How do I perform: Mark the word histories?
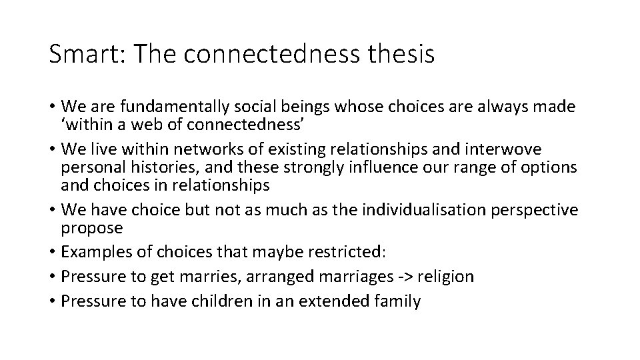(149, 165)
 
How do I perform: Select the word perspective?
(537, 210)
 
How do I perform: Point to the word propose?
(92, 229)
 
